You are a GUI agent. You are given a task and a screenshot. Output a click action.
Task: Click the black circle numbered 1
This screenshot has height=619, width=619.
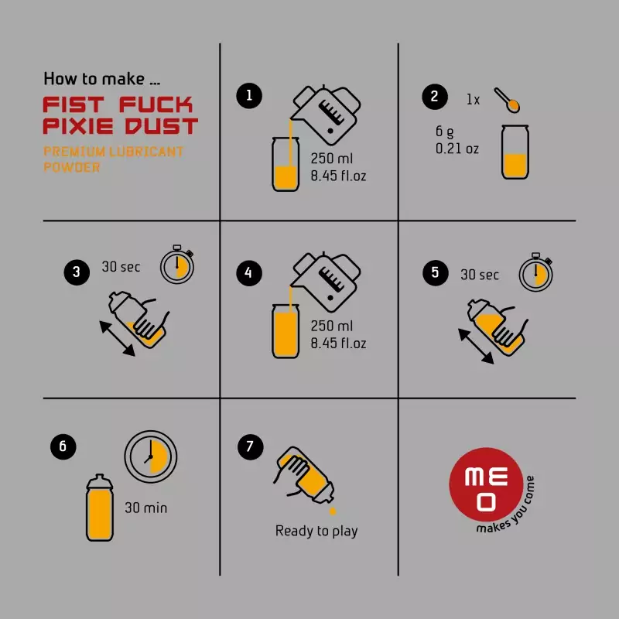click(249, 95)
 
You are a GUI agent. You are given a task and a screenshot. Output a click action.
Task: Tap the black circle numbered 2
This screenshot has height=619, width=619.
click(435, 96)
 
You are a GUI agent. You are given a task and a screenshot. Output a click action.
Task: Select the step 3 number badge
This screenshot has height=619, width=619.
click(77, 272)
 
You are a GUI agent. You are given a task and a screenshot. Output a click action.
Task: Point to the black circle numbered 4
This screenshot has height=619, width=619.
click(249, 272)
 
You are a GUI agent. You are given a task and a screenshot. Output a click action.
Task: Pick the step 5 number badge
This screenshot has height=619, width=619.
click(436, 272)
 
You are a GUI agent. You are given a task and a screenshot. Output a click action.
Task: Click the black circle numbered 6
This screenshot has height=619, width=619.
click(63, 446)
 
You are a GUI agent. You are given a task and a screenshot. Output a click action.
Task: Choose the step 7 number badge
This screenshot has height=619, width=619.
click(250, 446)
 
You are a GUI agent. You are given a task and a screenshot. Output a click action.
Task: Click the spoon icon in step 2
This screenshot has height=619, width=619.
click(507, 100)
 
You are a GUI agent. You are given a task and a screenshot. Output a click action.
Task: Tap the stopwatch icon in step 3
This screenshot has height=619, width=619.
click(177, 264)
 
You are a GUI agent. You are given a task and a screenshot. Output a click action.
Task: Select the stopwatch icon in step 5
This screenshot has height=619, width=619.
click(535, 272)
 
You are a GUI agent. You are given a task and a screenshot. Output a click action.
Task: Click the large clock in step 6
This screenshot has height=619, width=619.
click(151, 457)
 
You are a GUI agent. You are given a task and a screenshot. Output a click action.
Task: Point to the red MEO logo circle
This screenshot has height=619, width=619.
click(486, 484)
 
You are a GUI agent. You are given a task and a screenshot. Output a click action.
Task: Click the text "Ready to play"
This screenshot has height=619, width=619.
click(316, 531)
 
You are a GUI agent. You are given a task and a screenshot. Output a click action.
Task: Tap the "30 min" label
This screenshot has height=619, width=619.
click(146, 508)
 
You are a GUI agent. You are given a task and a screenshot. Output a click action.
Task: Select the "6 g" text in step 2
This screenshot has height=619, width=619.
click(444, 132)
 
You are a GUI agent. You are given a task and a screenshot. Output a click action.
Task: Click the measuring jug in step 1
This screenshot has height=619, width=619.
click(326, 115)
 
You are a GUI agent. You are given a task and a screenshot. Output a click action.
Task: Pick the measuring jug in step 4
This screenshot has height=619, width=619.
click(326, 282)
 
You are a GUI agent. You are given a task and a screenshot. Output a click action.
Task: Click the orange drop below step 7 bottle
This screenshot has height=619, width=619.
click(333, 511)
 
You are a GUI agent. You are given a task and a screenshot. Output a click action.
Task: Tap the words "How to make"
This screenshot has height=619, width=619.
click(94, 79)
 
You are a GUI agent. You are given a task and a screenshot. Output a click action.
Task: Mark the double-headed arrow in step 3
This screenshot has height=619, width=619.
click(118, 339)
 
